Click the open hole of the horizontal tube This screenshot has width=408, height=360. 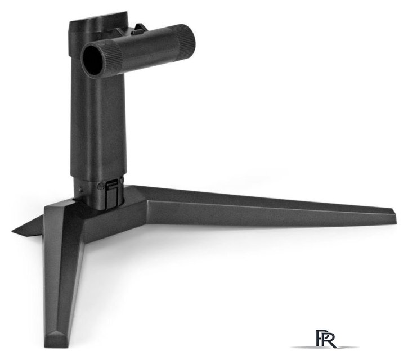click(x=93, y=60)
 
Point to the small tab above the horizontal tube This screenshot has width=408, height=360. click(x=140, y=29)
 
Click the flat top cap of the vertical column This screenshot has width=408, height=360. click(x=98, y=23)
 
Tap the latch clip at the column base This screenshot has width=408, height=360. click(x=111, y=195)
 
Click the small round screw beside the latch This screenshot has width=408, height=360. click(x=100, y=186)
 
